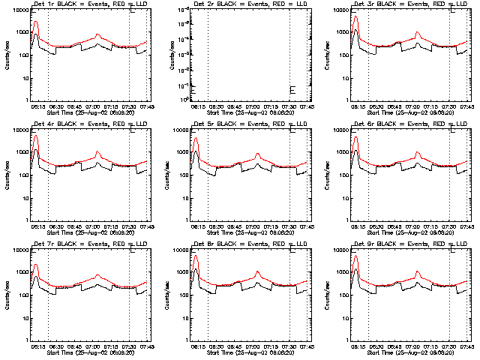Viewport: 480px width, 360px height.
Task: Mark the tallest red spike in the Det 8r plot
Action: click(x=196, y=256)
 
